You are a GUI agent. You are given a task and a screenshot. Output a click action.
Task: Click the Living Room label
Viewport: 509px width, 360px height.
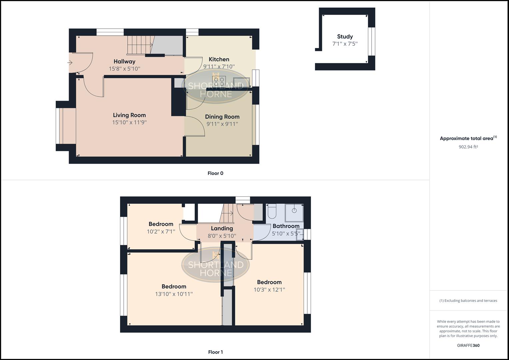coord(129,115)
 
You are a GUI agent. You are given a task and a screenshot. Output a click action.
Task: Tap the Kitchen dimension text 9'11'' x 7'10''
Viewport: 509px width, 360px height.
coord(219,67)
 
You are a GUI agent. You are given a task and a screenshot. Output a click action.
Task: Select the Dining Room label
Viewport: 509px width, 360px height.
coord(222,117)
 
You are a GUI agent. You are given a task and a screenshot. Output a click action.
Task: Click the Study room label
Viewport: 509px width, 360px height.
coord(345,37)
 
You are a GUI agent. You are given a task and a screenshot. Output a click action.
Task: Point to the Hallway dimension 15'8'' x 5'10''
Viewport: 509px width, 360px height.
coord(124,69)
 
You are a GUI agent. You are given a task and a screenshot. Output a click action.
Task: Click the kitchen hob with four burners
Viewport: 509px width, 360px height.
coord(219,82)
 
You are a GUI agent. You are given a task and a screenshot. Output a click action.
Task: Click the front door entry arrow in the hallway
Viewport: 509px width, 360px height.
coord(70,63)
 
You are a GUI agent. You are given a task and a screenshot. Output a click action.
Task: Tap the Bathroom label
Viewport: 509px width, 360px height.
coord(286,226)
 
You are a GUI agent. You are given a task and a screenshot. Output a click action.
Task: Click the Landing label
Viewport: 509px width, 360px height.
coord(222,228)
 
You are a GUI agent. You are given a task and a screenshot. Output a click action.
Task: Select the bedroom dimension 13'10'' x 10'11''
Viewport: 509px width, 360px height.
coord(174,294)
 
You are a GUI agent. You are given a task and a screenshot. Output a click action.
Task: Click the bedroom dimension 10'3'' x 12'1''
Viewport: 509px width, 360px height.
coord(269,290)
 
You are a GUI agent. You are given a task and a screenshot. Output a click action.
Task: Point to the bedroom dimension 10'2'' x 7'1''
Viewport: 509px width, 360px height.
coord(161,231)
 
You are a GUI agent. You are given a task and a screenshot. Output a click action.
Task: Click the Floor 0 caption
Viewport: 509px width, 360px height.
coord(215,173)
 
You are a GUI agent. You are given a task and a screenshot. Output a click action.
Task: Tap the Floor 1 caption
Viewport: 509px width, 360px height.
coord(215,352)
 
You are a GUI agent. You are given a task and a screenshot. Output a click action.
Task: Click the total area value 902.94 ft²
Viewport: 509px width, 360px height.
coord(468,147)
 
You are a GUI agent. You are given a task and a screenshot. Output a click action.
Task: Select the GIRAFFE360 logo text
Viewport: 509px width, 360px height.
coord(468,345)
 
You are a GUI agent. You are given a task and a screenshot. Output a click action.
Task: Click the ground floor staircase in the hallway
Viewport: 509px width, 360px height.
coord(139,45)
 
